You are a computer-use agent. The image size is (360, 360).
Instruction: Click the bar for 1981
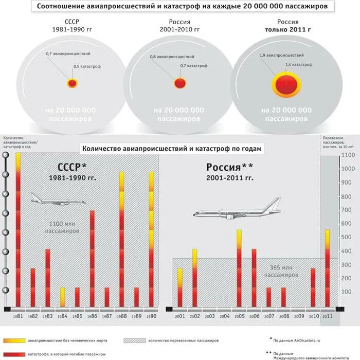(x=19, y=230)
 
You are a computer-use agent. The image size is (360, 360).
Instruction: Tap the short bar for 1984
(x=63, y=297)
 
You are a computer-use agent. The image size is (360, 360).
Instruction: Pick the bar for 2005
(x=239, y=268)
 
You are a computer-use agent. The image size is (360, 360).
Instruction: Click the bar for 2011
(x=327, y=268)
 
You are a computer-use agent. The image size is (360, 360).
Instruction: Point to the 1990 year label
(x=151, y=316)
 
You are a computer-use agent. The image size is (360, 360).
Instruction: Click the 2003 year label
(x=209, y=316)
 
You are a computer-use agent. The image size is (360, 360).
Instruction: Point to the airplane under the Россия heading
(x=237, y=208)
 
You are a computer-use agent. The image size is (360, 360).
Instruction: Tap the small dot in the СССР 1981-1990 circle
(x=73, y=83)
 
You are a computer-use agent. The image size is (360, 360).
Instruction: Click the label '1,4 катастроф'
(x=298, y=65)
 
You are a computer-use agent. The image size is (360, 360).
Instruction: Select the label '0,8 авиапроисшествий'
(x=172, y=57)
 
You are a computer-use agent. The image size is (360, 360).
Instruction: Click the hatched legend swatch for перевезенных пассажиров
(x=135, y=340)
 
